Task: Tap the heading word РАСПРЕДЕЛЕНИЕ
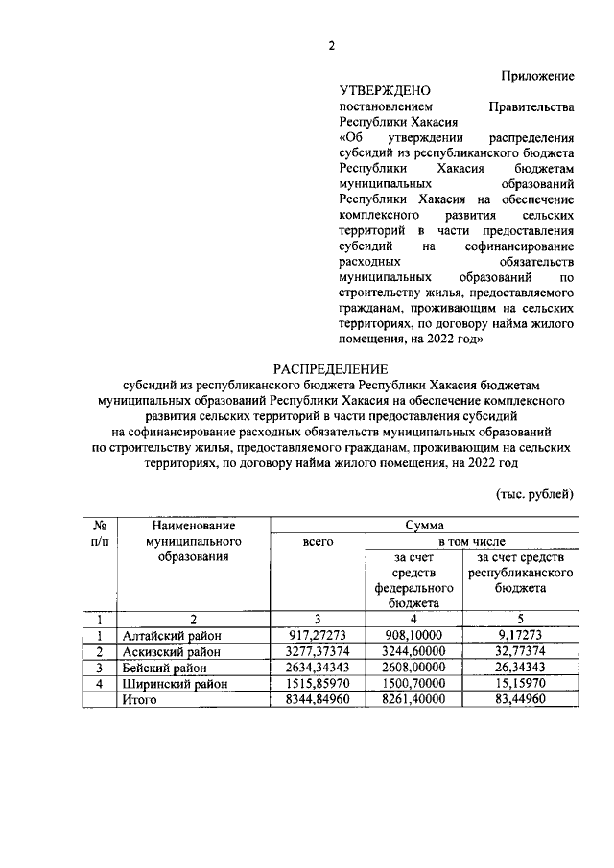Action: click(x=331, y=369)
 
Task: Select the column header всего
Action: click(x=318, y=542)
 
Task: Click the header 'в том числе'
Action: click(x=472, y=542)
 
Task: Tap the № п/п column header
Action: click(x=99, y=533)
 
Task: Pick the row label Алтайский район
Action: click(x=171, y=635)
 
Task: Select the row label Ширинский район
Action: click(x=175, y=685)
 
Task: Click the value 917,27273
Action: click(x=318, y=635)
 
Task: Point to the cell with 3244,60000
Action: click(x=414, y=652)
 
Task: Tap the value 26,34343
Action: click(x=520, y=669)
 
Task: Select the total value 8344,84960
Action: click(x=318, y=701)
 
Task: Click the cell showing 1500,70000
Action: click(x=414, y=685)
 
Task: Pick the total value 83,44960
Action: click(x=520, y=701)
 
